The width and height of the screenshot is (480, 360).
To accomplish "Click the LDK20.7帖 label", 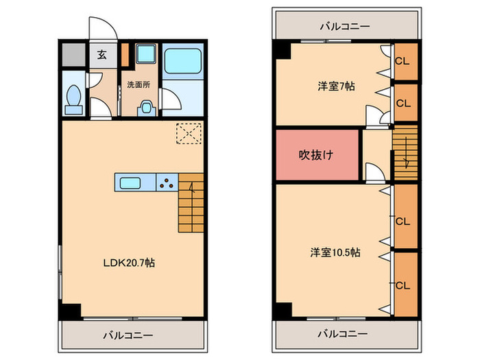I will (128, 263).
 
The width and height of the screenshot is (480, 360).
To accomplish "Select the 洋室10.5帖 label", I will (335, 252).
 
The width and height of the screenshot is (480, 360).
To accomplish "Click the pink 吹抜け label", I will (316, 154).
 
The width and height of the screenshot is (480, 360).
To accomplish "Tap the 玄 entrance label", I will (101, 56).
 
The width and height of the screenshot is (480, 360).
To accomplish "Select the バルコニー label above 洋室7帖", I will (344, 27).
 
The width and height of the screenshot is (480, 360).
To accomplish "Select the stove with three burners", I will (166, 182).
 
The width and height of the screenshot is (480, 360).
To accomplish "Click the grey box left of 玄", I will (72, 54).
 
